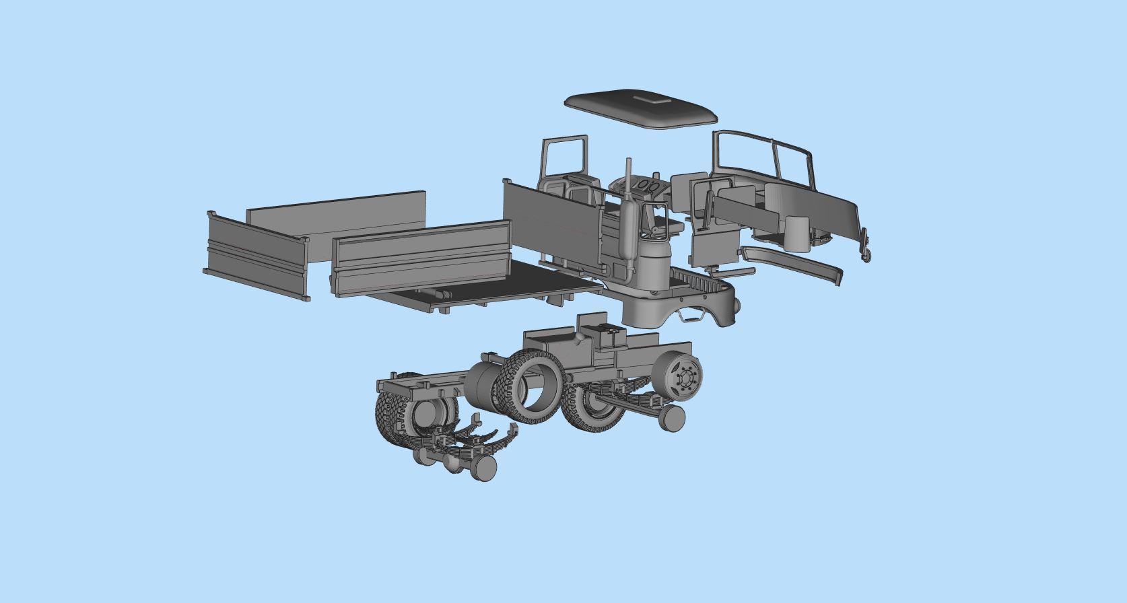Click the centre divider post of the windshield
click(778, 162)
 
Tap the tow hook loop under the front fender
click(689, 314)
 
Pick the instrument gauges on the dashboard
click(647, 184)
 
